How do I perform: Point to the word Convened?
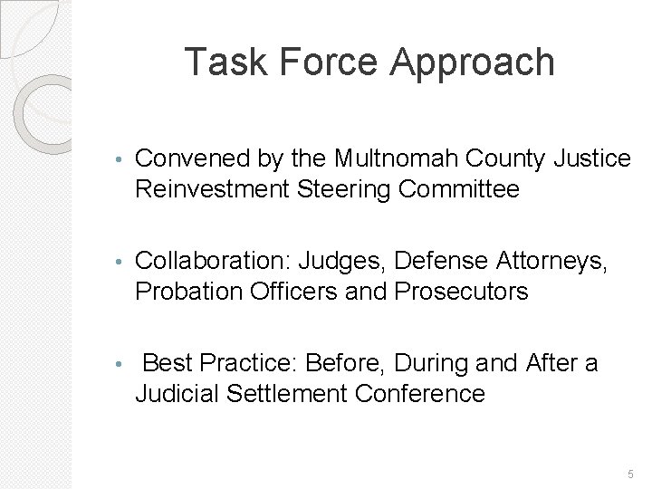tap(188, 160)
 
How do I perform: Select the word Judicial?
tap(175, 394)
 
